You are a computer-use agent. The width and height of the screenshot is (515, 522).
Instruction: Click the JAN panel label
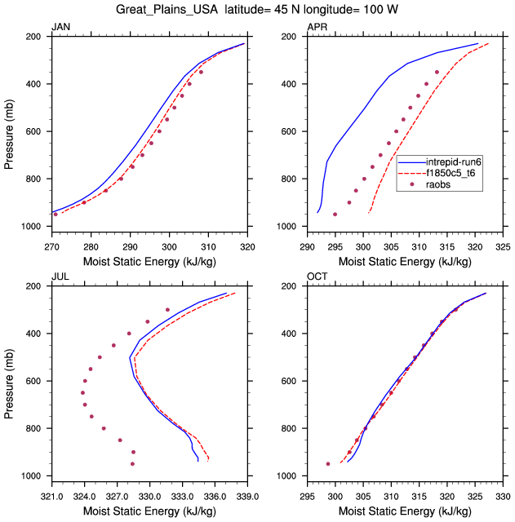pos(60,28)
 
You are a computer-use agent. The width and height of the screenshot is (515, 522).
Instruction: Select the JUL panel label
pos(60,277)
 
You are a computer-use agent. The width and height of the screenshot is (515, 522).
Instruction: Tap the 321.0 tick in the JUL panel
pos(51,496)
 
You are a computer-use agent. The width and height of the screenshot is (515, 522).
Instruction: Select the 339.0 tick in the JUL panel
pos(247,496)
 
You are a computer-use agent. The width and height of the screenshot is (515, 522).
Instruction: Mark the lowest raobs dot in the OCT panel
pos(328,464)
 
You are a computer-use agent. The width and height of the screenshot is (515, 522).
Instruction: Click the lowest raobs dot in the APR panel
pos(335,215)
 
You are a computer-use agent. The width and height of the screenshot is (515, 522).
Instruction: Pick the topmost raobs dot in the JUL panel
pos(167,310)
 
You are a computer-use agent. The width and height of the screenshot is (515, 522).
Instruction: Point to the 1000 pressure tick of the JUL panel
pos(33,476)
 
